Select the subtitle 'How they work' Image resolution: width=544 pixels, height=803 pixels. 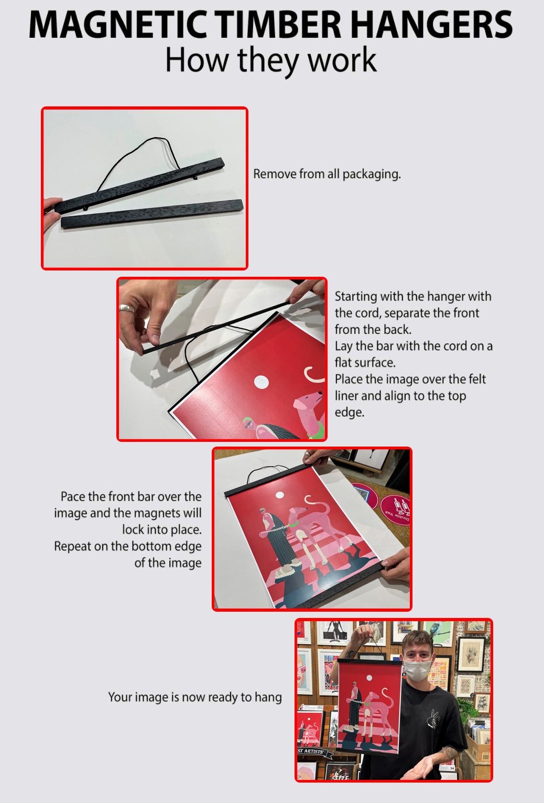pyautogui.click(x=270, y=60)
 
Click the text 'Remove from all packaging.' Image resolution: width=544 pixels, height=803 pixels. pyautogui.click(x=327, y=174)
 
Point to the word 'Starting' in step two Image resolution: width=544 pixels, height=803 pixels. pyautogui.click(x=356, y=297)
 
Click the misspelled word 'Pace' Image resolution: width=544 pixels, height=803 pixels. pyautogui.click(x=72, y=496)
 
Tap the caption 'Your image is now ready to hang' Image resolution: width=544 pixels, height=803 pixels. pyautogui.click(x=195, y=697)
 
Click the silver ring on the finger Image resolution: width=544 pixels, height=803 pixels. pyautogui.click(x=127, y=308)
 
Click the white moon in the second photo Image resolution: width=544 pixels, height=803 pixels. pyautogui.click(x=262, y=382)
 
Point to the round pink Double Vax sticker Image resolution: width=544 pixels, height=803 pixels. pyautogui.click(x=396, y=508)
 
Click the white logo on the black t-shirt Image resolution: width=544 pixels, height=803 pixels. pyautogui.click(x=434, y=719)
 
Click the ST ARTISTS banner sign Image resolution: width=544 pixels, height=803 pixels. pyautogui.click(x=313, y=752)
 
